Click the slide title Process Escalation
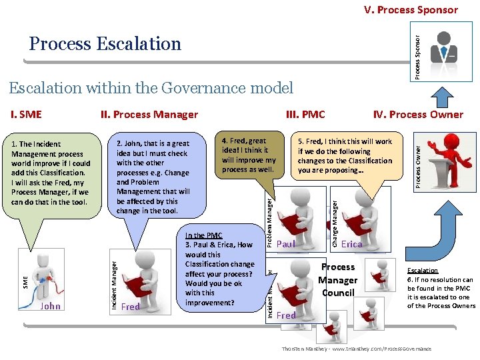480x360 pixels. pos(105,44)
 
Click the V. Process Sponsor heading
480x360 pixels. pos(411,9)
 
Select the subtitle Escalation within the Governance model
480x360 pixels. pos(151,87)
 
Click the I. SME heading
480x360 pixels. pos(26,114)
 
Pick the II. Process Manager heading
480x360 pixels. pos(149,114)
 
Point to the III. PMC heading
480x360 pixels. pos(305,114)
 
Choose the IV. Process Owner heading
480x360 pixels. pos(418,114)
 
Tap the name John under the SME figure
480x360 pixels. pos(50,307)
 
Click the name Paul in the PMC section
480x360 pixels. pos(285,244)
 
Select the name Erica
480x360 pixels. pos(351,244)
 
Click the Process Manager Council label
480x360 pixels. pos(338,280)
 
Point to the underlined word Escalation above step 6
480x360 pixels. pos(423,271)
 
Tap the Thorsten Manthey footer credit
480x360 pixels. pos(356,349)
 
